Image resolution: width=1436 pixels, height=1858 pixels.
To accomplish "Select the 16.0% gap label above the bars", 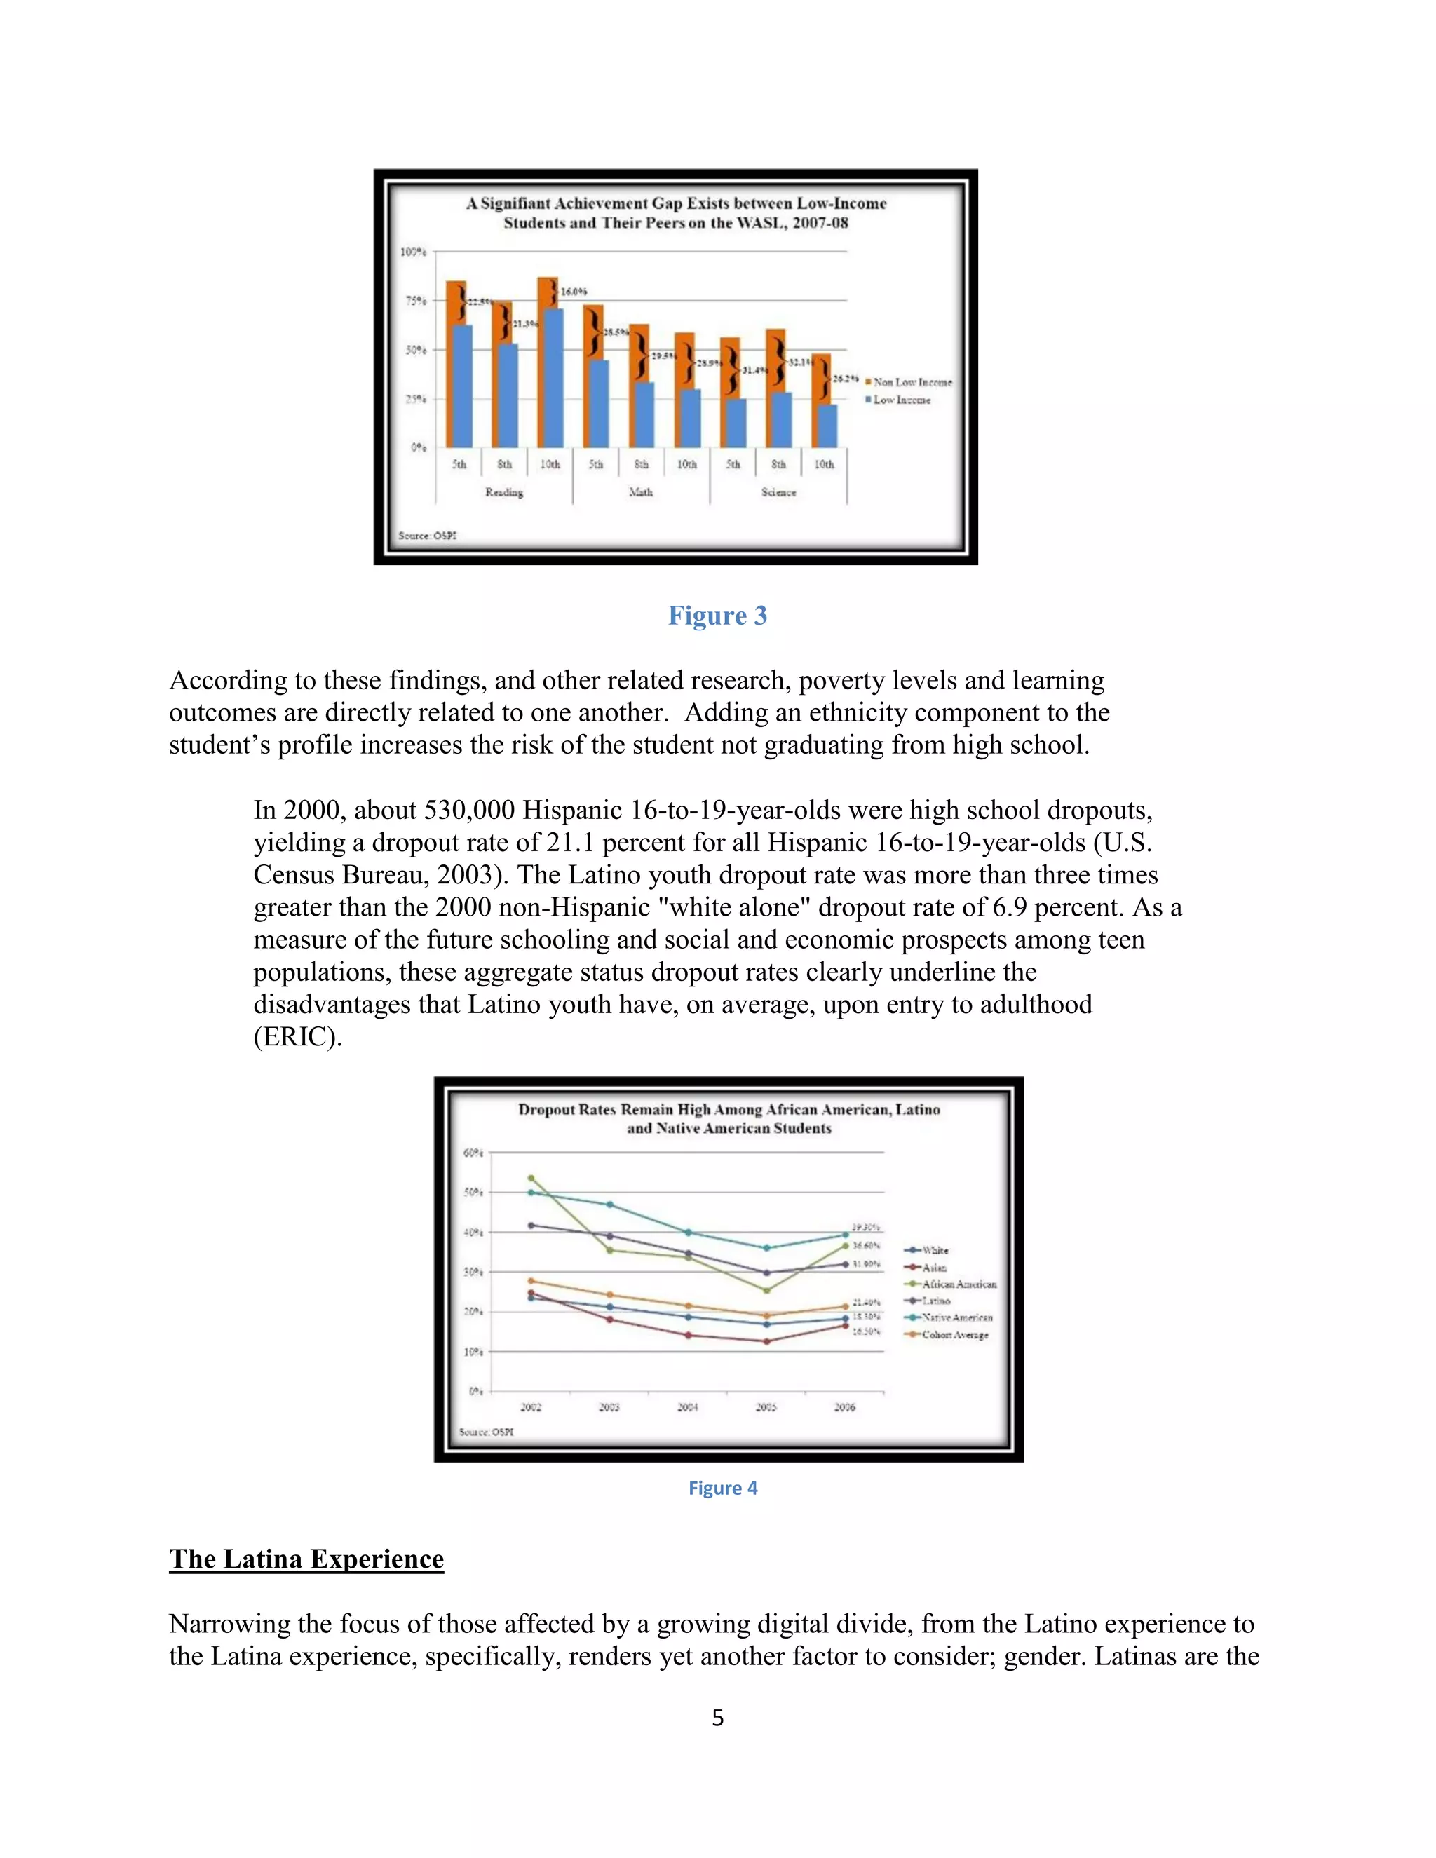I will coord(574,292).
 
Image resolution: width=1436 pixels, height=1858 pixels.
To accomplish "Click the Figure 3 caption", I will coord(717,615).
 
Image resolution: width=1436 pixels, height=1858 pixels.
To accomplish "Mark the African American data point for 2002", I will coord(531,1179).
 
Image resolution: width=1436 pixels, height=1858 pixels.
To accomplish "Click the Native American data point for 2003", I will coord(609,1205).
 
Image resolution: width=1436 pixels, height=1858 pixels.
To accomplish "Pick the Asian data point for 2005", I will coord(766,1341).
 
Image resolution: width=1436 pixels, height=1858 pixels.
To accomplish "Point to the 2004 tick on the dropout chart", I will coord(687,1407).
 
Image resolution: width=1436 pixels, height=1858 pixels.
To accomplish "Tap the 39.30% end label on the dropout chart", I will coord(866,1227).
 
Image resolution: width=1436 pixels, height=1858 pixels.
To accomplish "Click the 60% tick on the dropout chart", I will coord(473,1153).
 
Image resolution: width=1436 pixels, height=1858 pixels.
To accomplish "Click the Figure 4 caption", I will coord(722,1488).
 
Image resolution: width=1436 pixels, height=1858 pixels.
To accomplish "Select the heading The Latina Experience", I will coord(306,1559).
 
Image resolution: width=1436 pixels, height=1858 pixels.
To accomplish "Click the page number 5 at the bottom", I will coord(717,1718).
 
